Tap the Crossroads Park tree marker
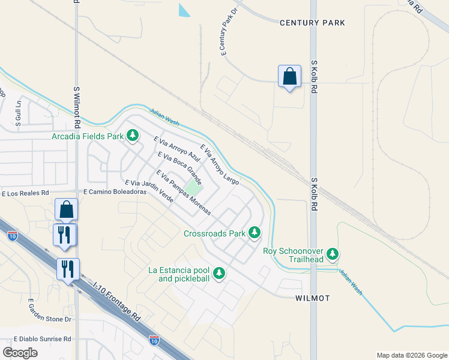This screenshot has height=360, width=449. click(x=255, y=232)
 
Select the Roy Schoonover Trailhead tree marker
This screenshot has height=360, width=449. click(x=333, y=254)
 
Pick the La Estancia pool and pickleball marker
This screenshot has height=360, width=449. click(x=219, y=274)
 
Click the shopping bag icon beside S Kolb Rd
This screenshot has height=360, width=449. click(x=289, y=77)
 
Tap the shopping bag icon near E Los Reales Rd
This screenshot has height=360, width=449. click(x=66, y=209)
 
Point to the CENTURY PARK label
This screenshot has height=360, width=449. click(x=312, y=23)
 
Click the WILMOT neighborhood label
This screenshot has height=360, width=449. click(x=313, y=298)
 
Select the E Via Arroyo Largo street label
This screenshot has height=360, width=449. click(x=220, y=164)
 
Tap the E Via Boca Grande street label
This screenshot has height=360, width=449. click(x=179, y=168)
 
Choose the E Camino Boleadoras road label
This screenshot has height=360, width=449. click(x=115, y=192)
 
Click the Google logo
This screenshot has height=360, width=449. click(x=20, y=353)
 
